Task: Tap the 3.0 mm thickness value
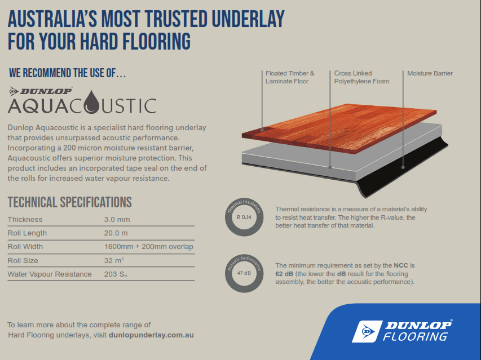coord(117,219)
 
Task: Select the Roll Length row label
coord(27,233)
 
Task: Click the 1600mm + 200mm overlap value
coord(148,247)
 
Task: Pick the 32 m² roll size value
coord(114,260)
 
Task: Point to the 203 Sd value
coord(116,274)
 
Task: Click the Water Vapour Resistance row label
coord(50,274)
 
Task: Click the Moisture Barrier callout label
coord(430,73)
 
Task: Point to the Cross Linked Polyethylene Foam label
coord(361,77)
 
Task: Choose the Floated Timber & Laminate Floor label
coord(290,77)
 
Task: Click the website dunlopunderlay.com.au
coord(151,335)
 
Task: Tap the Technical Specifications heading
coord(69,202)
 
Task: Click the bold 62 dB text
coord(284,274)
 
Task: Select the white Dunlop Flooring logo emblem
coord(367,331)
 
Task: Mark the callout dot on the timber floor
coord(262,130)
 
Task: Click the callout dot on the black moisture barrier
coord(403,167)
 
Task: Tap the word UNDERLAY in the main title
coord(248,19)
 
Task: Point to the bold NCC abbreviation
coord(401,265)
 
